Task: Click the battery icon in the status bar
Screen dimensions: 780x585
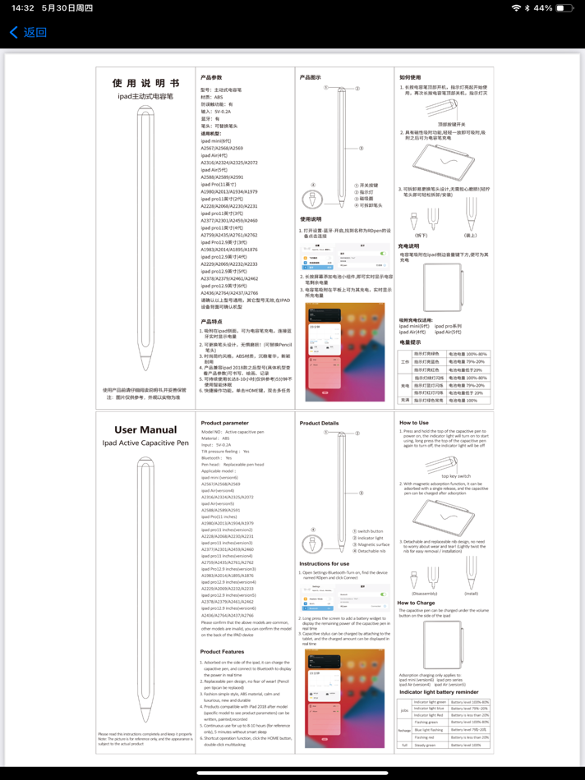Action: tap(564, 8)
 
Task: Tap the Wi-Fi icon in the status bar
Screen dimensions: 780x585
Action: tap(516, 8)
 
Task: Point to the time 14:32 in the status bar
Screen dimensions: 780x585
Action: tap(22, 8)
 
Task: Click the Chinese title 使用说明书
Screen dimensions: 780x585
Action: tap(145, 83)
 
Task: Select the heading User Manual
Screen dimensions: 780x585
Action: tap(145, 429)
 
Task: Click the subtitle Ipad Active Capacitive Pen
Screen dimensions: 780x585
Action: tap(145, 443)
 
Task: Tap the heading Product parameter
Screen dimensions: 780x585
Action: tap(224, 423)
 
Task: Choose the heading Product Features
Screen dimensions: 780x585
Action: tap(222, 652)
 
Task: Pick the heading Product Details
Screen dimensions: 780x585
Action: tap(319, 423)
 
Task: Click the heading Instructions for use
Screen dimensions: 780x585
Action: tap(324, 564)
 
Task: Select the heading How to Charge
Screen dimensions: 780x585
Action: tap(417, 603)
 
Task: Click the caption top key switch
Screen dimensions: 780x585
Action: tap(455, 475)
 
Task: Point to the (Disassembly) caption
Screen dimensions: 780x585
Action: tap(424, 593)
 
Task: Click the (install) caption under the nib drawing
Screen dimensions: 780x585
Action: tap(471, 593)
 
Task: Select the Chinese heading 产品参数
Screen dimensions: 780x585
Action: tap(211, 77)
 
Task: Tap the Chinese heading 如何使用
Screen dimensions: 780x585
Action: tap(410, 77)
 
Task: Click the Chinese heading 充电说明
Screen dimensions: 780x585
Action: tap(408, 245)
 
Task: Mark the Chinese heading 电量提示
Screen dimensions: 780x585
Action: tap(410, 342)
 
